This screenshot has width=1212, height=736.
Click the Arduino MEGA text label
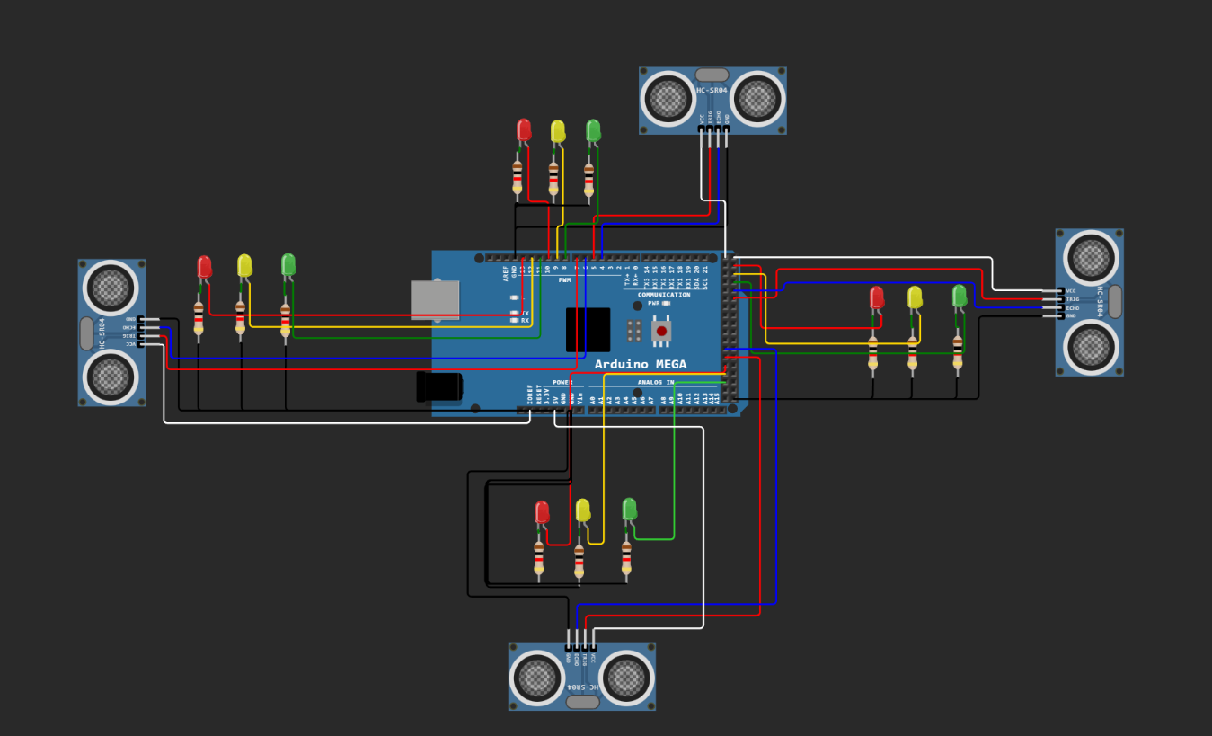coord(640,364)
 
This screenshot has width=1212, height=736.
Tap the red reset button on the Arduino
coord(662,331)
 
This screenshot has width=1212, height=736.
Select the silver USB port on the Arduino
coord(436,300)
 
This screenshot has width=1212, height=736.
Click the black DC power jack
coord(439,386)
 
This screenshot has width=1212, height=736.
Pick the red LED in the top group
coord(524,131)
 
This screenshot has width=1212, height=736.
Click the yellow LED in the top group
coord(558,132)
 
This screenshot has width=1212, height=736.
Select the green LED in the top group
coord(593,131)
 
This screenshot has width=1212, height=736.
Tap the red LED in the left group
coord(204,267)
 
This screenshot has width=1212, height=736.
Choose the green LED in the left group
coord(288,264)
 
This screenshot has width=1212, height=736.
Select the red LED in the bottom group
coord(542,512)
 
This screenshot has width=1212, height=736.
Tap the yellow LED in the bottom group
coord(583,510)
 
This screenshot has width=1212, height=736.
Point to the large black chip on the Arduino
coord(588,330)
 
